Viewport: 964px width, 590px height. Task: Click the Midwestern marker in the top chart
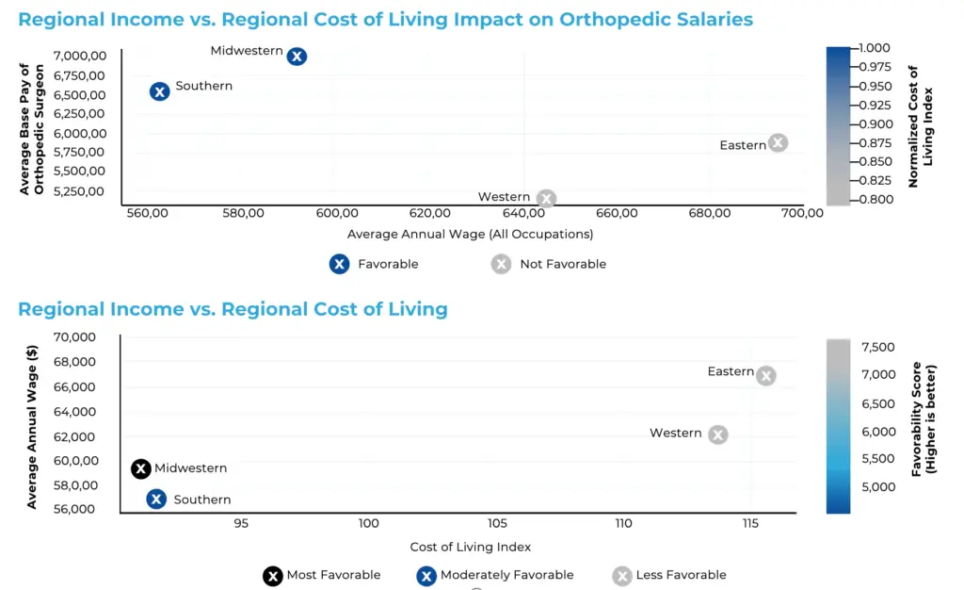point(297,57)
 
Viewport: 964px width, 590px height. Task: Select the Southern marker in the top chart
point(159,91)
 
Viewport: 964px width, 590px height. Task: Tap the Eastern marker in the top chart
point(777,143)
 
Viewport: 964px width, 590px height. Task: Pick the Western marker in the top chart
point(546,199)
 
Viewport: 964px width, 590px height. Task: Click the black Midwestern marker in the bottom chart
point(141,468)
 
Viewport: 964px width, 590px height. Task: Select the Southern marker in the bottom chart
point(156,500)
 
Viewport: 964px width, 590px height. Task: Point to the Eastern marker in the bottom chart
point(766,376)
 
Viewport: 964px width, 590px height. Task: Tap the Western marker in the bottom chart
point(718,434)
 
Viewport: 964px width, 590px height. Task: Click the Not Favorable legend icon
point(502,264)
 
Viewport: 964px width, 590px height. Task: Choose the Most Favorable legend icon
point(273,575)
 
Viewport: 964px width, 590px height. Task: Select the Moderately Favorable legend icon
point(426,575)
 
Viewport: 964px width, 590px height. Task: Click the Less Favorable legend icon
point(622,575)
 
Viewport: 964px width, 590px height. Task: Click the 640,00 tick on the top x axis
point(523,214)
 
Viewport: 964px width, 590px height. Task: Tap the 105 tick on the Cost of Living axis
point(497,523)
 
